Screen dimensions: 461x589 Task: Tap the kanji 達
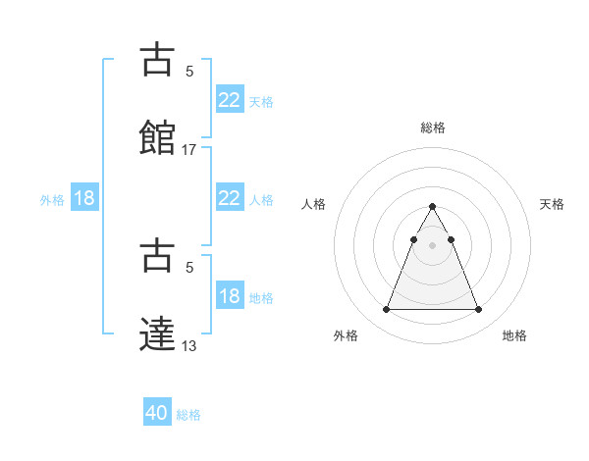pyautogui.click(x=157, y=333)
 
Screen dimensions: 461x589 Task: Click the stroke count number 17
pyautogui.click(x=189, y=150)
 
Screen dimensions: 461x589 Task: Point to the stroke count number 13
pyautogui.click(x=189, y=344)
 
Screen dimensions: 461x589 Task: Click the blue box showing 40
pyautogui.click(x=157, y=413)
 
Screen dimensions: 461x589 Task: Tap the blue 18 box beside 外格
pyautogui.click(x=84, y=198)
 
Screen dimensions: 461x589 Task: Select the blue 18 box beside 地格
pyautogui.click(x=229, y=296)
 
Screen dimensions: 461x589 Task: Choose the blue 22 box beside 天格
pyautogui.click(x=229, y=100)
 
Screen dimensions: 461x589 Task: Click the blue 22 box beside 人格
pyautogui.click(x=229, y=198)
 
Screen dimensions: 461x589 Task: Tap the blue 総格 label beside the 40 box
pyautogui.click(x=188, y=415)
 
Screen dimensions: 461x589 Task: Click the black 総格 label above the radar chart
pyautogui.click(x=433, y=128)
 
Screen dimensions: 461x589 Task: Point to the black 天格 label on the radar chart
pyautogui.click(x=552, y=204)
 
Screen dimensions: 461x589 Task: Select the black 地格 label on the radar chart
pyautogui.click(x=514, y=335)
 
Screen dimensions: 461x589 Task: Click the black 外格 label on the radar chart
pyautogui.click(x=346, y=335)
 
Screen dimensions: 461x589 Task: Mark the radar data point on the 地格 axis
pyautogui.click(x=478, y=310)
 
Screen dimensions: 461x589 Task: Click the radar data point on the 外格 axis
pyautogui.click(x=386, y=310)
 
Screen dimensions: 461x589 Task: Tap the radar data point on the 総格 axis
pyautogui.click(x=432, y=207)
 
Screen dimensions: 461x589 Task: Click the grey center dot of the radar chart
pyautogui.click(x=432, y=245)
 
